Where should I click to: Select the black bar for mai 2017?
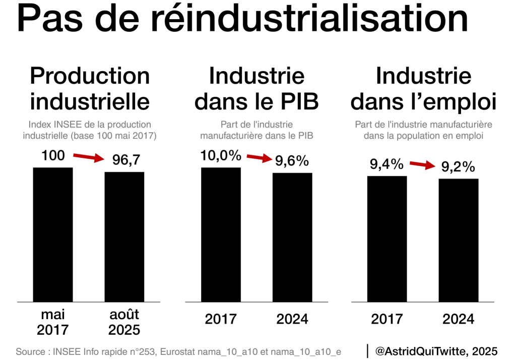[53, 234]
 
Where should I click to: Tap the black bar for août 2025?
[124, 237]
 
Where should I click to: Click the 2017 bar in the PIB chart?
[221, 234]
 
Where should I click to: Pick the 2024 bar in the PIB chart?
[292, 237]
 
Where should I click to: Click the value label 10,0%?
[221, 156]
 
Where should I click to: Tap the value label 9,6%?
[292, 161]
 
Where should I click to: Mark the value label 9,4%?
[387, 164]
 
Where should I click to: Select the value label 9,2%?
[459, 167]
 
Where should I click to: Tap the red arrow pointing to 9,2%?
[423, 164]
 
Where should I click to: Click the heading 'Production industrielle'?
[90, 89]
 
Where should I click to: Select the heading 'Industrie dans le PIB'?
[256, 89]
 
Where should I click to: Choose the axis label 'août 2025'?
[124, 323]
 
